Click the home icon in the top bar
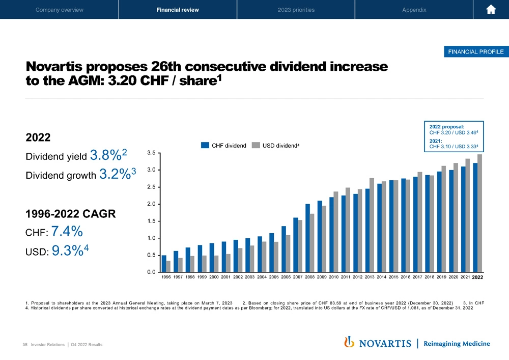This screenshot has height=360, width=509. pos(491,10)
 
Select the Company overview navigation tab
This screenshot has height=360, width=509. pos(59,10)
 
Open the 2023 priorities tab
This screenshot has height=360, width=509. pos(296,10)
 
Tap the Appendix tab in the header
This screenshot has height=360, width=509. pos(414,10)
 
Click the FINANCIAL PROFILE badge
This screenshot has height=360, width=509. pos(475,51)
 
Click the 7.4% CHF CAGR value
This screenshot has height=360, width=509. pos(67,232)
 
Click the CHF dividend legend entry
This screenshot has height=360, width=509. pos(223,146)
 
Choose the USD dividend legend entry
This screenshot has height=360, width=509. pos(278,146)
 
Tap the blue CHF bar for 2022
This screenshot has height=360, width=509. pos(475,217)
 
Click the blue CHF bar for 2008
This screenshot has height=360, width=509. pos(307,238)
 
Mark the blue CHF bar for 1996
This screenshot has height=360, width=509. pos(164,263)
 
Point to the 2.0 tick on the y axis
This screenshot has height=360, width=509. pos(151,204)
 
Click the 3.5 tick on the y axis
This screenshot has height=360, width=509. pos(151,152)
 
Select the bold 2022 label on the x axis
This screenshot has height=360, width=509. pos(477,278)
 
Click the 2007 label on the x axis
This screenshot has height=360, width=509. pos(298,278)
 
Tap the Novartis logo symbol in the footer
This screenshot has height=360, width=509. pos(350,342)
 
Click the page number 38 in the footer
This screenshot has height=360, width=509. pos(25,345)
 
